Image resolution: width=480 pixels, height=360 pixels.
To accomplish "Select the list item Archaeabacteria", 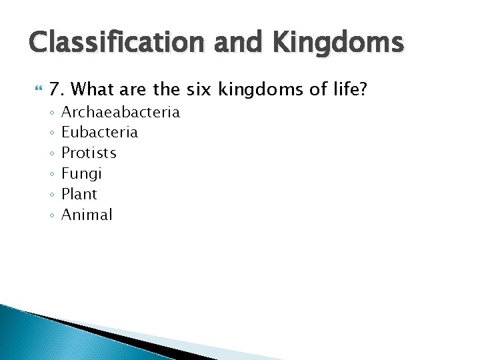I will coord(121,111).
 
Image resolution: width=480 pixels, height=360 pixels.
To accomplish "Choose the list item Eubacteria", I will coord(99,132).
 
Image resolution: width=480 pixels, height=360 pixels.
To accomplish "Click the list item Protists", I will coord(89,153).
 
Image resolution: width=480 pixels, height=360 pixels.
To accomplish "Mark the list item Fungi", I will coord(81,174).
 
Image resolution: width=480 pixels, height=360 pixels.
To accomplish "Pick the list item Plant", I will coord(79,194).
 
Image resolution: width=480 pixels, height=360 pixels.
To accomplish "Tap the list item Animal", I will coord(87,215).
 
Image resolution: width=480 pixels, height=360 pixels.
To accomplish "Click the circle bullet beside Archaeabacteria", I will coord(51,112).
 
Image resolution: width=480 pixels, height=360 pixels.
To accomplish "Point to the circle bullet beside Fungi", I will coord(51,174).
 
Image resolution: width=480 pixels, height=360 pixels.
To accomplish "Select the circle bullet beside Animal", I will coord(51,215).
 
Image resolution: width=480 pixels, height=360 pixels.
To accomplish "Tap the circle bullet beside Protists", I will coord(51,153).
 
